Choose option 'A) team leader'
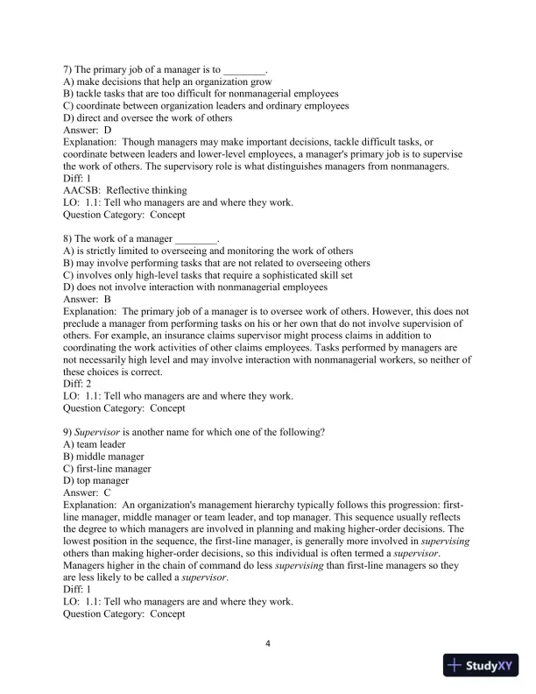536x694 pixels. (x=95, y=444)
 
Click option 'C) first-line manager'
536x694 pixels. (x=109, y=469)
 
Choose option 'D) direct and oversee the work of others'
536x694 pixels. (x=148, y=118)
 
